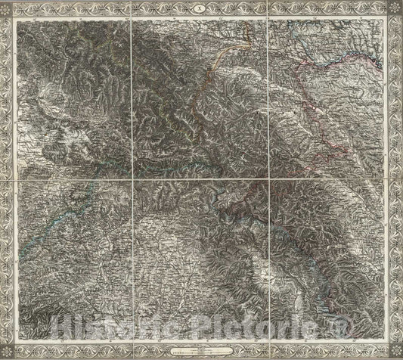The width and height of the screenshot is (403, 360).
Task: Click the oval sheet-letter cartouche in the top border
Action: [x=201, y=8]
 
